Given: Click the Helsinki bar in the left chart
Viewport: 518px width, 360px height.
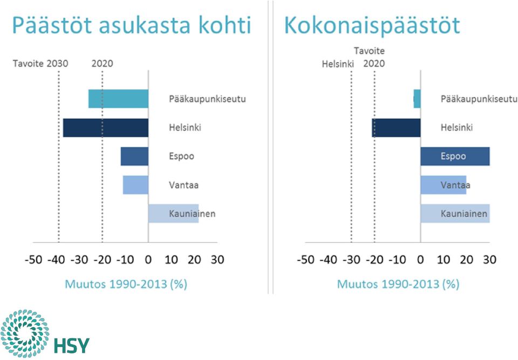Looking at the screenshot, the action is [x=106, y=127].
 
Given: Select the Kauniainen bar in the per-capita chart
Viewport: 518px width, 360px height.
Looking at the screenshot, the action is [x=173, y=214].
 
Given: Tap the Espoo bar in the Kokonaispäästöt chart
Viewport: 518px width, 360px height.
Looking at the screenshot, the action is [x=455, y=157].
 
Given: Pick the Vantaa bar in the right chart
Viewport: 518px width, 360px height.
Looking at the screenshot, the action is [x=444, y=185].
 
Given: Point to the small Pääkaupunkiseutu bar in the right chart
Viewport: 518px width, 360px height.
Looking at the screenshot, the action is [x=417, y=99].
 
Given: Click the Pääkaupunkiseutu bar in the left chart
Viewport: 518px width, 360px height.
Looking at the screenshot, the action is [x=118, y=99].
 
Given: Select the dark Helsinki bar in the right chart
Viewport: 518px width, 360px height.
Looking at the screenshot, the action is [x=396, y=127].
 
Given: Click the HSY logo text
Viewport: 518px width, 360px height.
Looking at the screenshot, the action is [x=71, y=346].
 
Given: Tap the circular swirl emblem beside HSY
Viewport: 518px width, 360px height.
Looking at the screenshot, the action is [x=25, y=334].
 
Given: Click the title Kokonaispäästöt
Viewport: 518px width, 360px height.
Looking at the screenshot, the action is [x=372, y=25].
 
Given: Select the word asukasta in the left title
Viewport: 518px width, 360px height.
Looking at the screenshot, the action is [x=145, y=25].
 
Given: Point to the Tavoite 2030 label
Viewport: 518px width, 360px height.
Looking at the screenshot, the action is [x=40, y=64].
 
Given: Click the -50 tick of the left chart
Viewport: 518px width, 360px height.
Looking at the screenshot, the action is [x=33, y=260].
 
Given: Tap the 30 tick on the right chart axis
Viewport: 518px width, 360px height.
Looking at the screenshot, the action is [x=489, y=260].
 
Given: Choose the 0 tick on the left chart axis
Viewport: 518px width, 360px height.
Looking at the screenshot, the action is [x=148, y=260].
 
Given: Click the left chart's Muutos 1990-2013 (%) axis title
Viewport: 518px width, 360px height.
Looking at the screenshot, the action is [x=126, y=284].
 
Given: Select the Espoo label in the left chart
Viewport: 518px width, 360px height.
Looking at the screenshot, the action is [x=181, y=157].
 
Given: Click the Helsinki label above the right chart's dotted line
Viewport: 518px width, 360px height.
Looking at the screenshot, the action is [x=338, y=64].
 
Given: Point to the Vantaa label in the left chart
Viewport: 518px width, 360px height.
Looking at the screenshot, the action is [x=183, y=185].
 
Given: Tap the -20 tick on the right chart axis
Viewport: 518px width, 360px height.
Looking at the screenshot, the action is [x=374, y=260].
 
